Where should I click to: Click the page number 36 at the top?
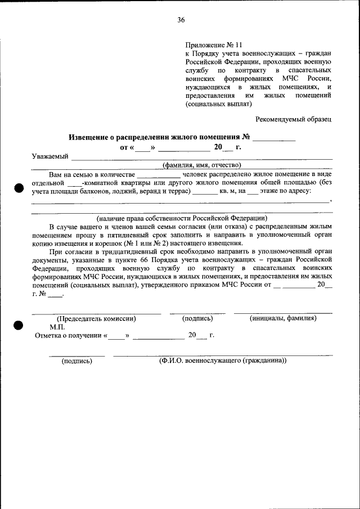coord(181,20)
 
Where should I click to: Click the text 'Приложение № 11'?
coord(213,45)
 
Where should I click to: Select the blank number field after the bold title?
coord(274,137)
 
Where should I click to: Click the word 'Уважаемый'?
coord(50,156)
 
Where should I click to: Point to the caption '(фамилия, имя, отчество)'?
coord(201,165)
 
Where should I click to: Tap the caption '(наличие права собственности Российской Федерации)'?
coord(182,218)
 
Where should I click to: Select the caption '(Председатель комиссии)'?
coord(96,318)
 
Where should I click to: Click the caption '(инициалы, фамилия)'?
coord(283,318)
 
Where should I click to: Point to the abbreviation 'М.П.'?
coord(57,326)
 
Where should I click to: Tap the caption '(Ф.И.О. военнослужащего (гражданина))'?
coord(223,361)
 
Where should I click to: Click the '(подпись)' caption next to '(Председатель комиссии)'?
coord(197,318)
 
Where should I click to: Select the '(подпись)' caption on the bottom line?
coord(76,361)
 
